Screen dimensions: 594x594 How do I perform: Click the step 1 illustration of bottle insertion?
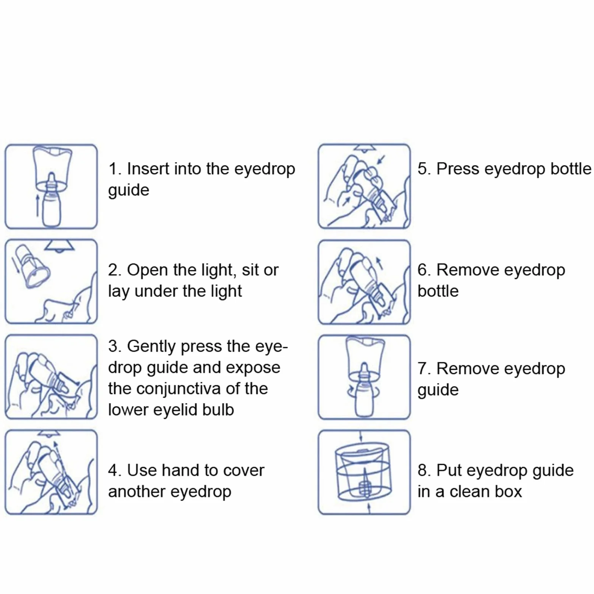[51, 186]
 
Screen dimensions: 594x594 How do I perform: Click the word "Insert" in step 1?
[148, 169]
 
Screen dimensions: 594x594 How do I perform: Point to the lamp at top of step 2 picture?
[59, 246]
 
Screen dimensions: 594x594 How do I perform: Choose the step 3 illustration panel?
[51, 377]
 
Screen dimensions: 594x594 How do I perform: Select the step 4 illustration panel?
[51, 472]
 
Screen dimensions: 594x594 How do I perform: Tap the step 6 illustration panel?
[364, 282]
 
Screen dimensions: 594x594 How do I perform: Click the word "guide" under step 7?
[438, 390]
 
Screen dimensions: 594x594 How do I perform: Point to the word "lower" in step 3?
[128, 410]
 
